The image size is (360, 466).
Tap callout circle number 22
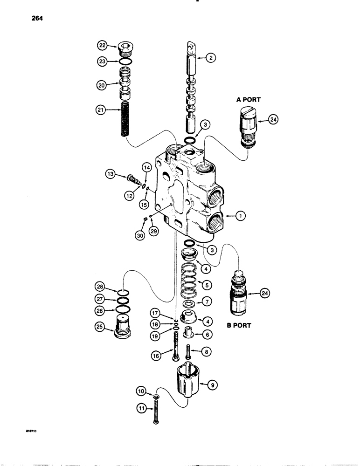[x=102, y=45]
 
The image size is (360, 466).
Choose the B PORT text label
[x=239, y=325]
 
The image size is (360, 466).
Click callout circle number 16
[x=156, y=355]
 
